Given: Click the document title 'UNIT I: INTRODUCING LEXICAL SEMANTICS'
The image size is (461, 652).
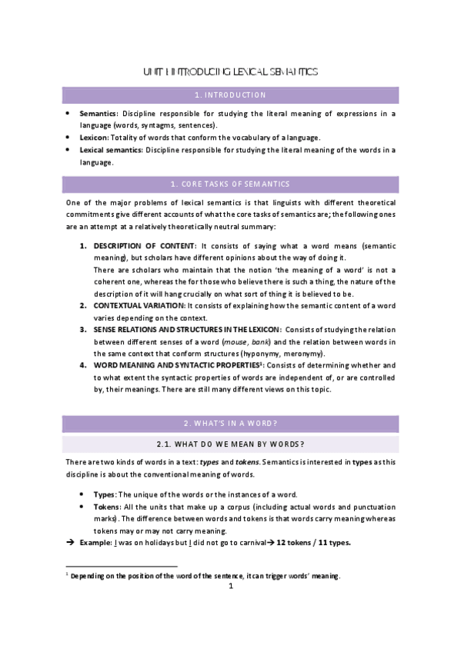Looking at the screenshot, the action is (230, 72).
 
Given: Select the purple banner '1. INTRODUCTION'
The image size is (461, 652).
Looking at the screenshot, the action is (230, 95).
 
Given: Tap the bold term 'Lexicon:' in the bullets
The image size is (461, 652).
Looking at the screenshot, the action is (95, 138).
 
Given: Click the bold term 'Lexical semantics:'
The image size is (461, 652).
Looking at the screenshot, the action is (111, 150).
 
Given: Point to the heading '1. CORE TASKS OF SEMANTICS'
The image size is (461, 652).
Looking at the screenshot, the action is (230, 185).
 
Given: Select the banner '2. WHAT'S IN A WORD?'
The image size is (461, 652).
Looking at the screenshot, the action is (230, 424).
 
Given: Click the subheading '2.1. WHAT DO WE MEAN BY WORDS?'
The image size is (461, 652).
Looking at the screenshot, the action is (230, 444).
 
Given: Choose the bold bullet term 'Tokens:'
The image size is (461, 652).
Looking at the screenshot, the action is (108, 507).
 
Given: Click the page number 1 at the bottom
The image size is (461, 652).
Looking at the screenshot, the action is (230, 587).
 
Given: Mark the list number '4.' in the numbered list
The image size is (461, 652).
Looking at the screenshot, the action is (84, 365).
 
